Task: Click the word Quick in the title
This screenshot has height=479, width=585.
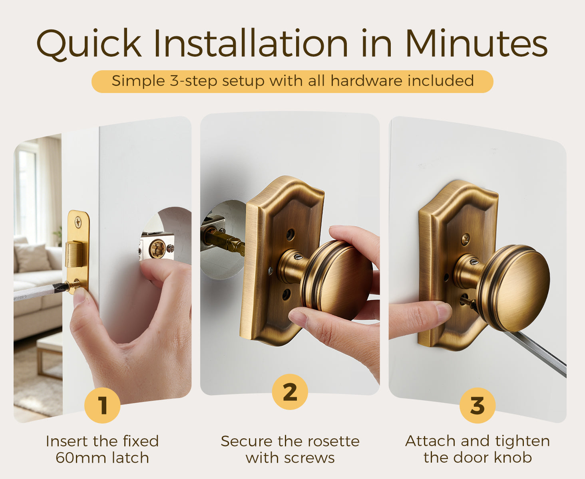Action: pyautogui.click(x=89, y=44)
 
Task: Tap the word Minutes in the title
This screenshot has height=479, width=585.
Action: pyautogui.click(x=477, y=43)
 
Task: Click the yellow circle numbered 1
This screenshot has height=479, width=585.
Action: pyautogui.click(x=102, y=405)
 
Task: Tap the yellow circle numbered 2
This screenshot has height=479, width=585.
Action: pyautogui.click(x=290, y=392)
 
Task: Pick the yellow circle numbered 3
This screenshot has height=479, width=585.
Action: pyautogui.click(x=478, y=405)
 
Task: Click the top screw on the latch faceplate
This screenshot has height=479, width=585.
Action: pyautogui.click(x=78, y=222)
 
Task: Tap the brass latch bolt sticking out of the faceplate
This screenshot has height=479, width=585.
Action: pyautogui.click(x=74, y=254)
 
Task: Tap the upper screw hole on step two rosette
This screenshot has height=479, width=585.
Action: pyautogui.click(x=291, y=234)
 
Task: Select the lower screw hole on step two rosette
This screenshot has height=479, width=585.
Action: pyautogui.click(x=286, y=295)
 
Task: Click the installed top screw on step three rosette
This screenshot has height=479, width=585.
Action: pyautogui.click(x=466, y=238)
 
